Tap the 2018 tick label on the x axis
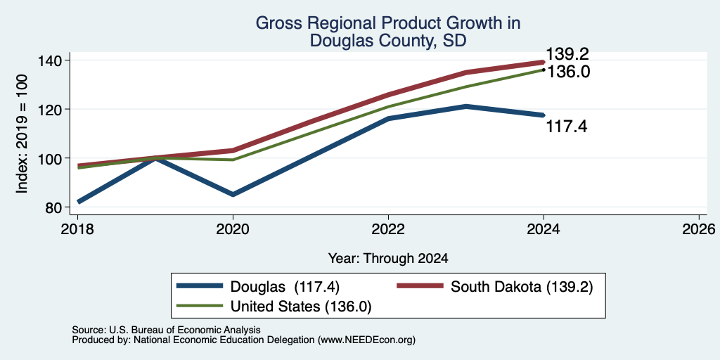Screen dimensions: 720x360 [x=77, y=229]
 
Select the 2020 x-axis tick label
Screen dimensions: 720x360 [x=233, y=229]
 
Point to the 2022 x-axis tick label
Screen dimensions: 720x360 [x=388, y=229]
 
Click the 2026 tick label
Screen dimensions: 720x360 [x=699, y=229]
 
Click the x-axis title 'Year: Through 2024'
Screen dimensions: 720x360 [x=388, y=259]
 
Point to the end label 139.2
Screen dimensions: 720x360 [x=567, y=55]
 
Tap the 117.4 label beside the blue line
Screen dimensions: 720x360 [x=567, y=127]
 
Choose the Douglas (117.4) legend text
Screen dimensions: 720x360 [x=285, y=287]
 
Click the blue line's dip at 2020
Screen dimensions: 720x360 [x=233, y=195]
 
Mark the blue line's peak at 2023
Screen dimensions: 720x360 [x=466, y=107]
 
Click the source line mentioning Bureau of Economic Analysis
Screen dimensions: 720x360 [x=166, y=330]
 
